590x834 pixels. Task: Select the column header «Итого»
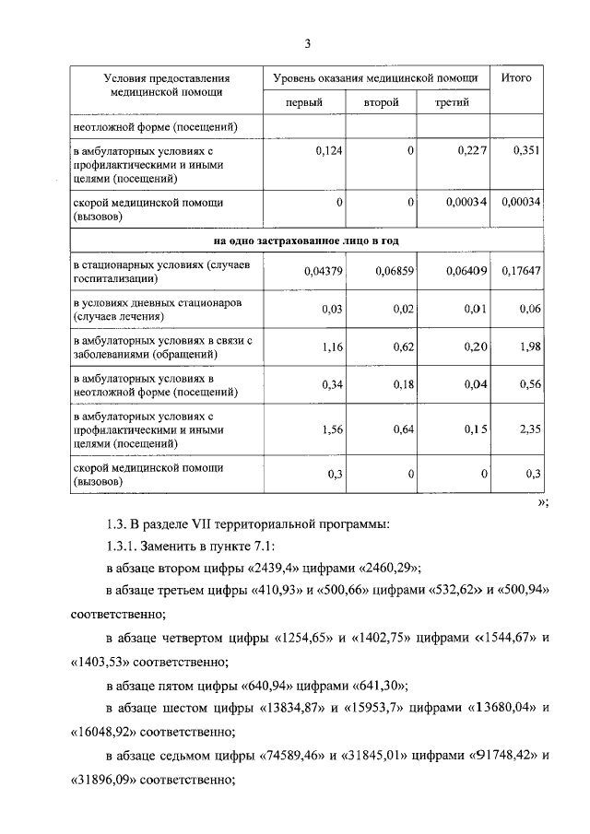point(516,78)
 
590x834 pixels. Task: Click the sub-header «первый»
point(303,102)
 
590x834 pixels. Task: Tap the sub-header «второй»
point(381,102)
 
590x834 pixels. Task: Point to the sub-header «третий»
point(453,102)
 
